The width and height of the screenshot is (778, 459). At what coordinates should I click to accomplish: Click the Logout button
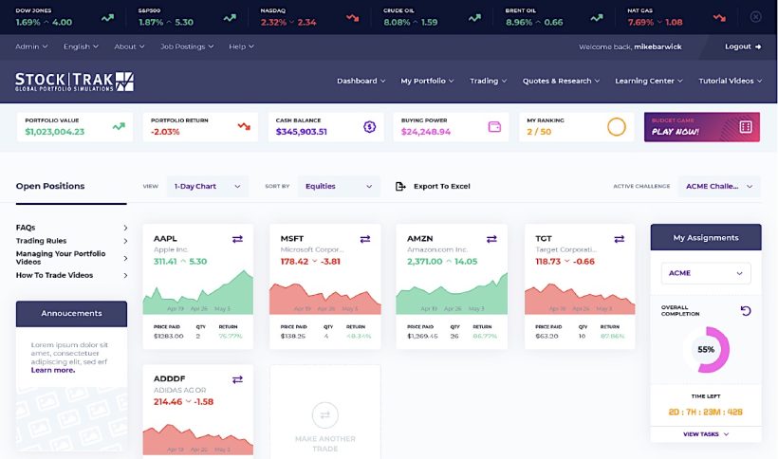coord(743,46)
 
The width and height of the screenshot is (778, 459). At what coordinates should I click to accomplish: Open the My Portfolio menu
coord(427,82)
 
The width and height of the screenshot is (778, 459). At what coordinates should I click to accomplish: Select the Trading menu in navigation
coord(488,82)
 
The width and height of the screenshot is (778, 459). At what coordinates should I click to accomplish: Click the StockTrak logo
coord(74,82)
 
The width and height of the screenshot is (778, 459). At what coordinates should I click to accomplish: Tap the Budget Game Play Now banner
coord(702,127)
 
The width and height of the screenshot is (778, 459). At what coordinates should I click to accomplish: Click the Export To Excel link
coord(434,187)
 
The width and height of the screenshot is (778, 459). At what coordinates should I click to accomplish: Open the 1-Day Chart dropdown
coord(207,187)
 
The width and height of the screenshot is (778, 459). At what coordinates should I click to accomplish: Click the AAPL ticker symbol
coord(166,239)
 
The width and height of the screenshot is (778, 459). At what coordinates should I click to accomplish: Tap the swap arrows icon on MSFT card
coord(364,239)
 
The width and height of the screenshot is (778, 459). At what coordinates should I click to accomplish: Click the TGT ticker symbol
coord(544,239)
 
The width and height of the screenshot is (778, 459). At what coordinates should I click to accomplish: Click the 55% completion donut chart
coord(705,350)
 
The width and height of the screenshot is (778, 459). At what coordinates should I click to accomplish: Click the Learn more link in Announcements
coord(53,370)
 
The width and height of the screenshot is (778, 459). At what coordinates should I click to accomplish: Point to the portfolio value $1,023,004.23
coord(55,132)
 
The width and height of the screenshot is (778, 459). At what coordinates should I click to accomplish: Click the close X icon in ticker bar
coord(755,17)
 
